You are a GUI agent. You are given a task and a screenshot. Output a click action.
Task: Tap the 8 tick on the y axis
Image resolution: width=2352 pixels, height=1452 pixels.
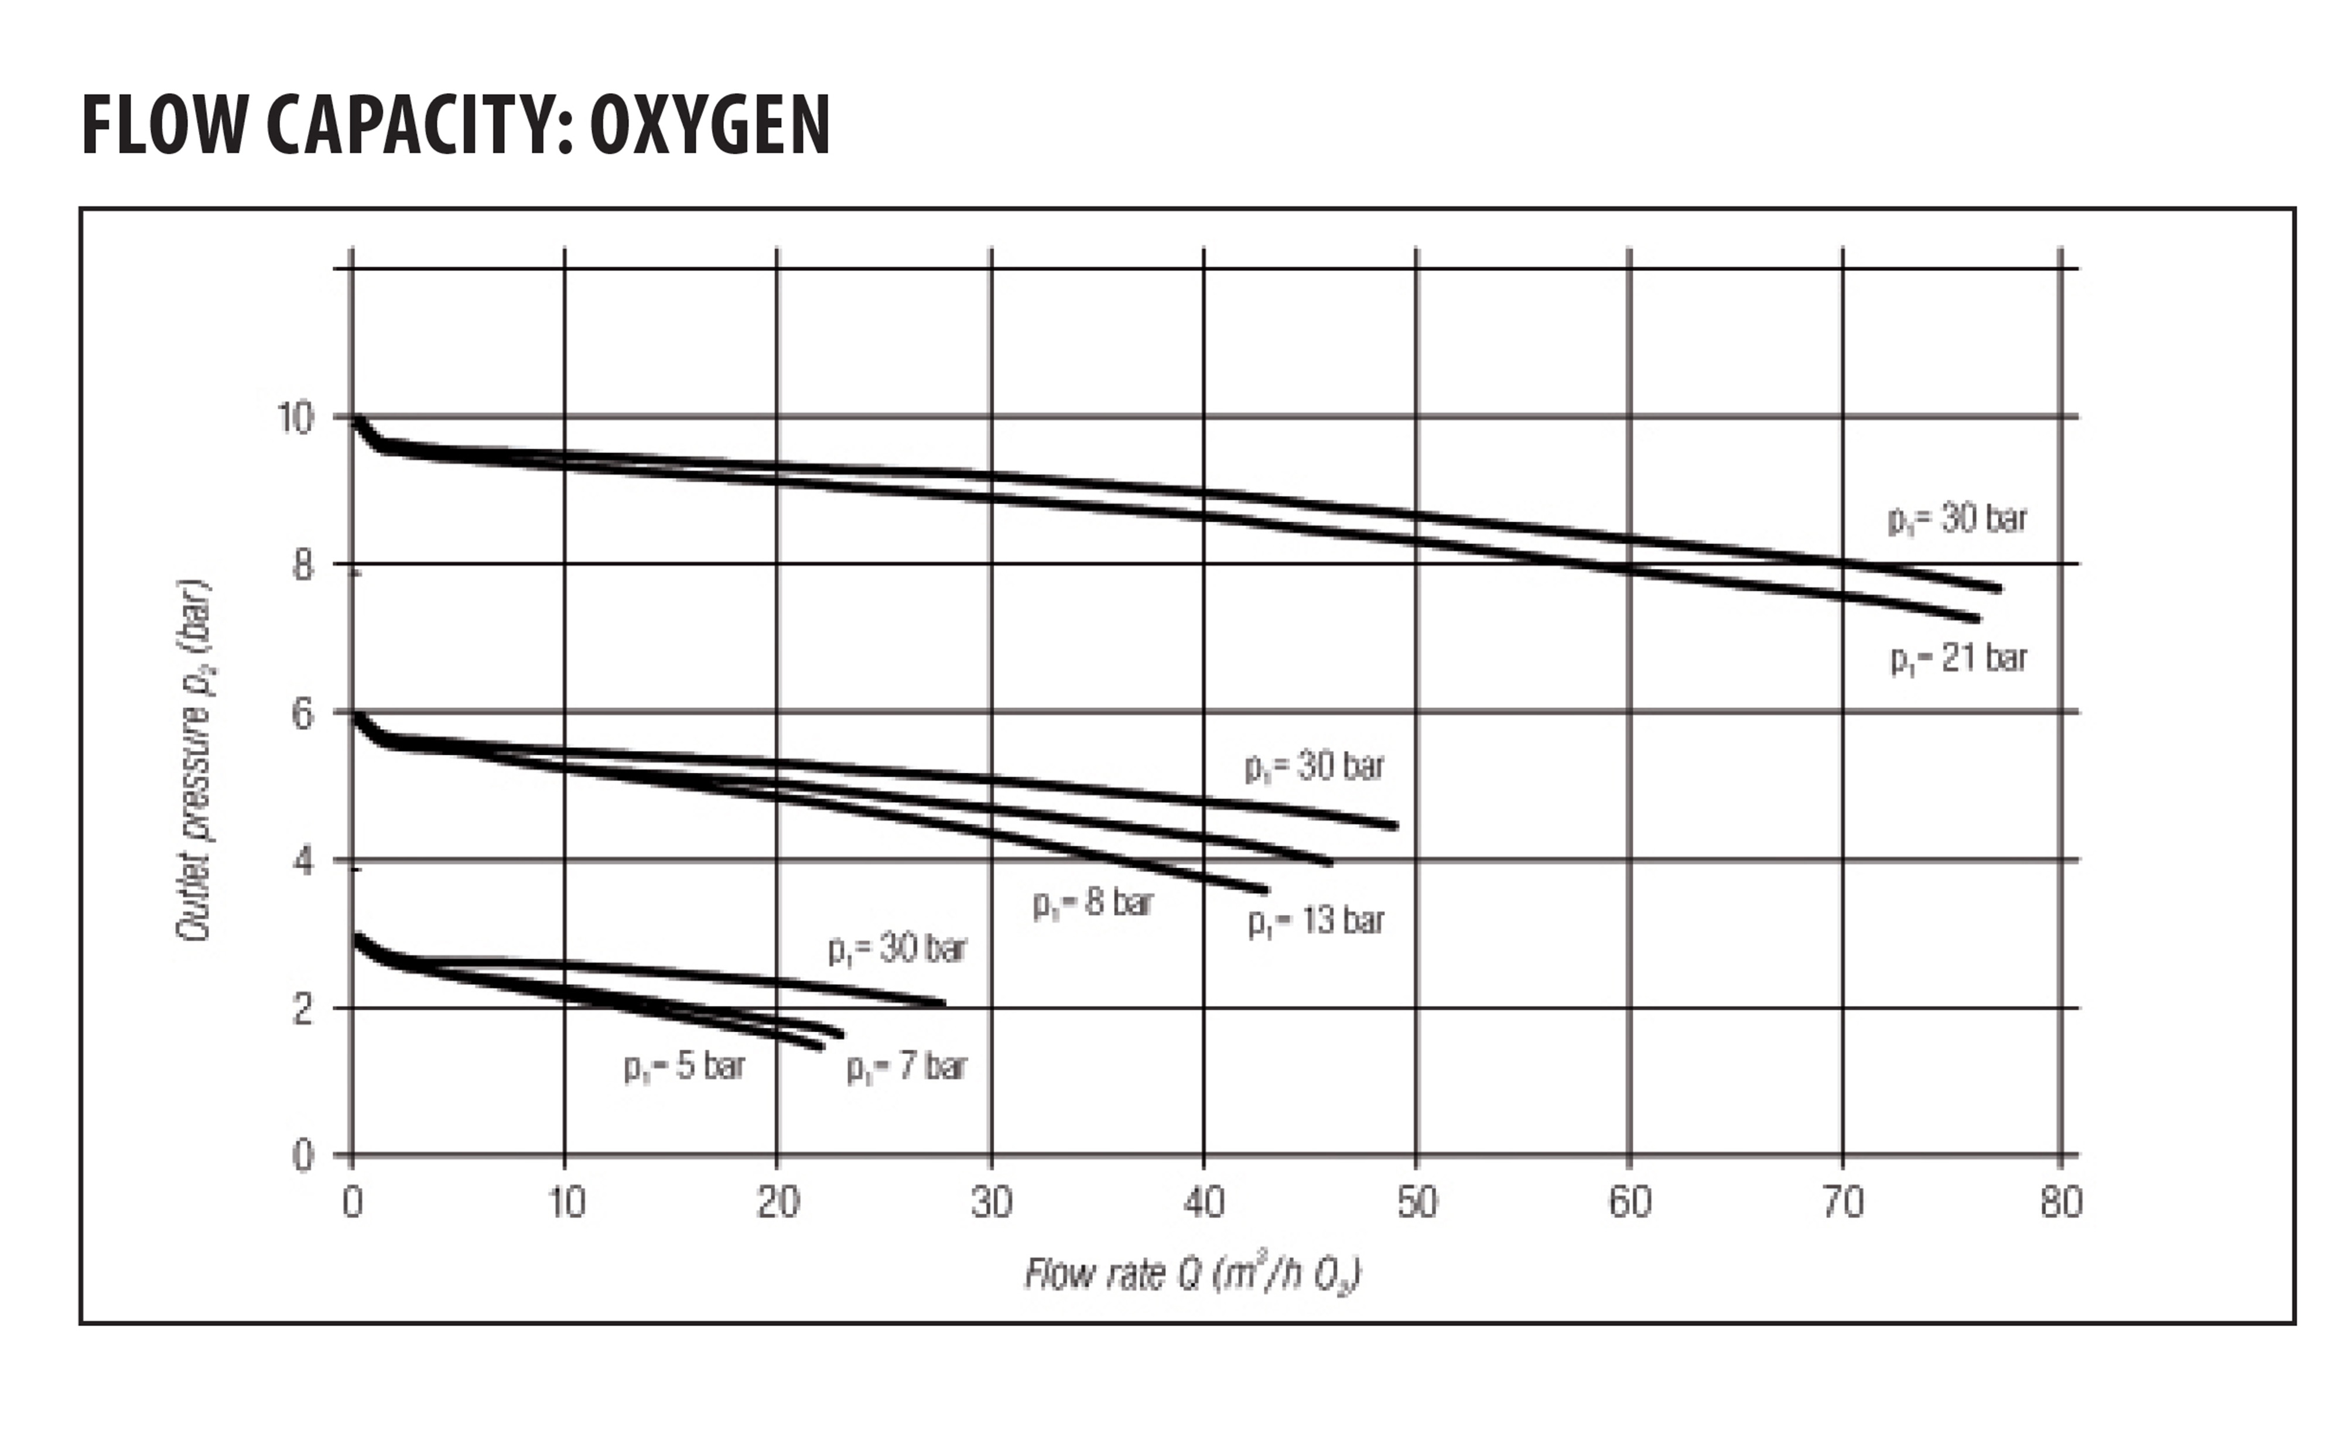coord(303,566)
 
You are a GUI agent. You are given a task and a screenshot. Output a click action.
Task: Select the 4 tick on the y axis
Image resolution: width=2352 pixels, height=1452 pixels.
coord(303,861)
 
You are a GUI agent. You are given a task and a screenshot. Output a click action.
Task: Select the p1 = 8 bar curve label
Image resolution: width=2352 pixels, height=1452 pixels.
coord(1093,903)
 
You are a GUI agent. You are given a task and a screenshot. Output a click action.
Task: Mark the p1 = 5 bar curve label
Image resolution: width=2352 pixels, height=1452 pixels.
coord(684,1067)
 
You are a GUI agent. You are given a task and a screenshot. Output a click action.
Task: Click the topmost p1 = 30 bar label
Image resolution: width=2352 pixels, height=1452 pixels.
coord(1957,519)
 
